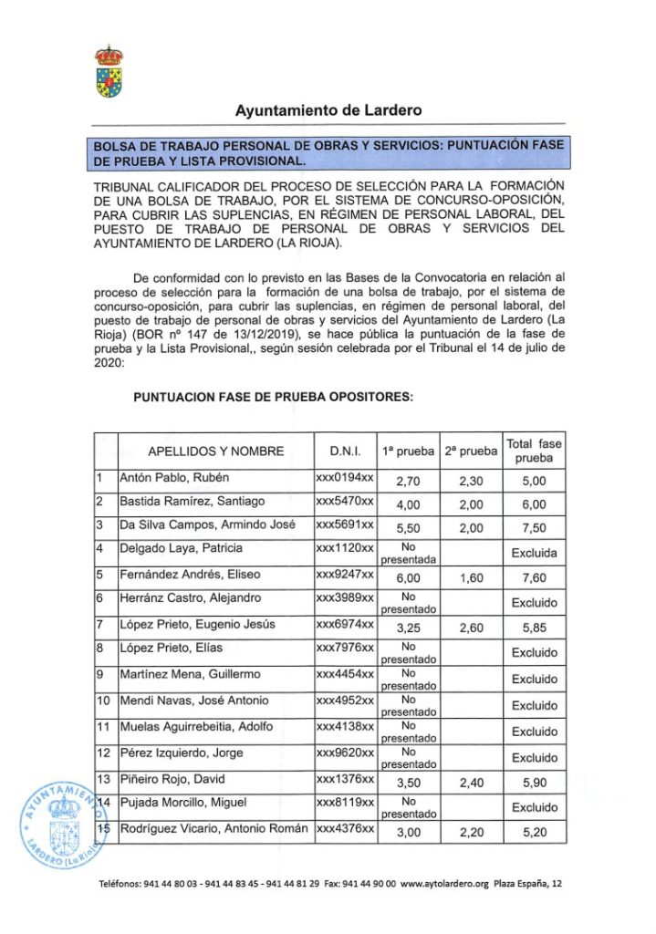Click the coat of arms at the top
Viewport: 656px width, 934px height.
tap(109, 71)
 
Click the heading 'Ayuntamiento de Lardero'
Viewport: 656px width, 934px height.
tap(328, 110)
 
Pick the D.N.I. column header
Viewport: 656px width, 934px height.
tap(345, 451)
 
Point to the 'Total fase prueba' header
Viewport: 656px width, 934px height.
tap(534, 451)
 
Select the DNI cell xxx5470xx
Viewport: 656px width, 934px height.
tap(345, 502)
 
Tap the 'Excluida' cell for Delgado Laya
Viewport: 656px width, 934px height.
tap(534, 553)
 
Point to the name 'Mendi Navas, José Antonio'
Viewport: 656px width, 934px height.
tap(194, 700)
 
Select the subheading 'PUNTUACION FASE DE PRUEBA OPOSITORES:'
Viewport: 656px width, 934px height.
tap(273, 397)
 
